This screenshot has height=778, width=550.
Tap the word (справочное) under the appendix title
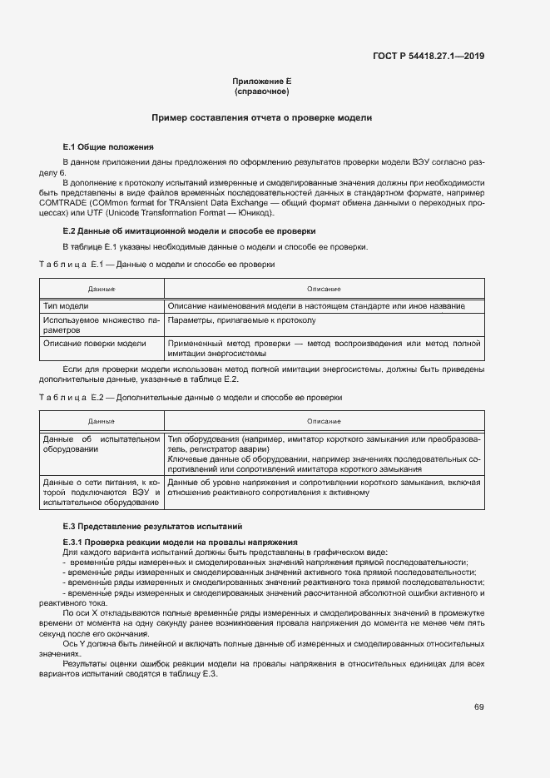[x=261, y=91]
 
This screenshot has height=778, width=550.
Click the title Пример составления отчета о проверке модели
[x=261, y=118]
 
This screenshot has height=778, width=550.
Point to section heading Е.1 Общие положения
[x=103, y=146]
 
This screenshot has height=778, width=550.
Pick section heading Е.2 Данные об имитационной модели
[x=189, y=230]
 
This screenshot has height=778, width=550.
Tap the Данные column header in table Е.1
[x=102, y=289]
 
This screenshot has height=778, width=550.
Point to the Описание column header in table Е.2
[x=324, y=422]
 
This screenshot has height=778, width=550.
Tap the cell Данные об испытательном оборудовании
[x=102, y=444]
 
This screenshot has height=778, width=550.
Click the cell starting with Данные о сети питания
[x=102, y=492]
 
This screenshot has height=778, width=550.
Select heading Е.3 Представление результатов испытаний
[x=152, y=527]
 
